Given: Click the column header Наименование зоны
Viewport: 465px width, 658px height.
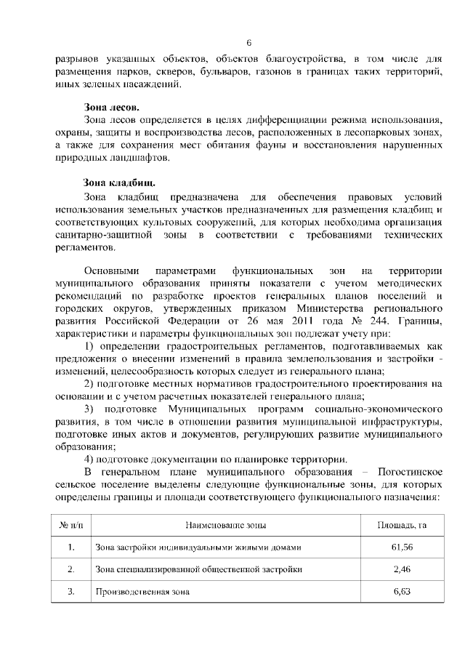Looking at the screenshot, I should click(225, 524).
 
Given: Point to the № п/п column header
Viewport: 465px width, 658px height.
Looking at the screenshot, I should click(70, 524).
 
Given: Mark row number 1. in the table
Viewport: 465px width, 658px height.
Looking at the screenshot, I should click(70, 546).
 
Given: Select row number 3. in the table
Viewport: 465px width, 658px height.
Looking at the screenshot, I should click(70, 591).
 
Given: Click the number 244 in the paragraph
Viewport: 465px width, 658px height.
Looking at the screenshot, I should click(375, 322).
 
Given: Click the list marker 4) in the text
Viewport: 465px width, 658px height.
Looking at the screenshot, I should click(90, 459).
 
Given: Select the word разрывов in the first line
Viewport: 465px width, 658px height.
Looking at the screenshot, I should click(76, 57).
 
